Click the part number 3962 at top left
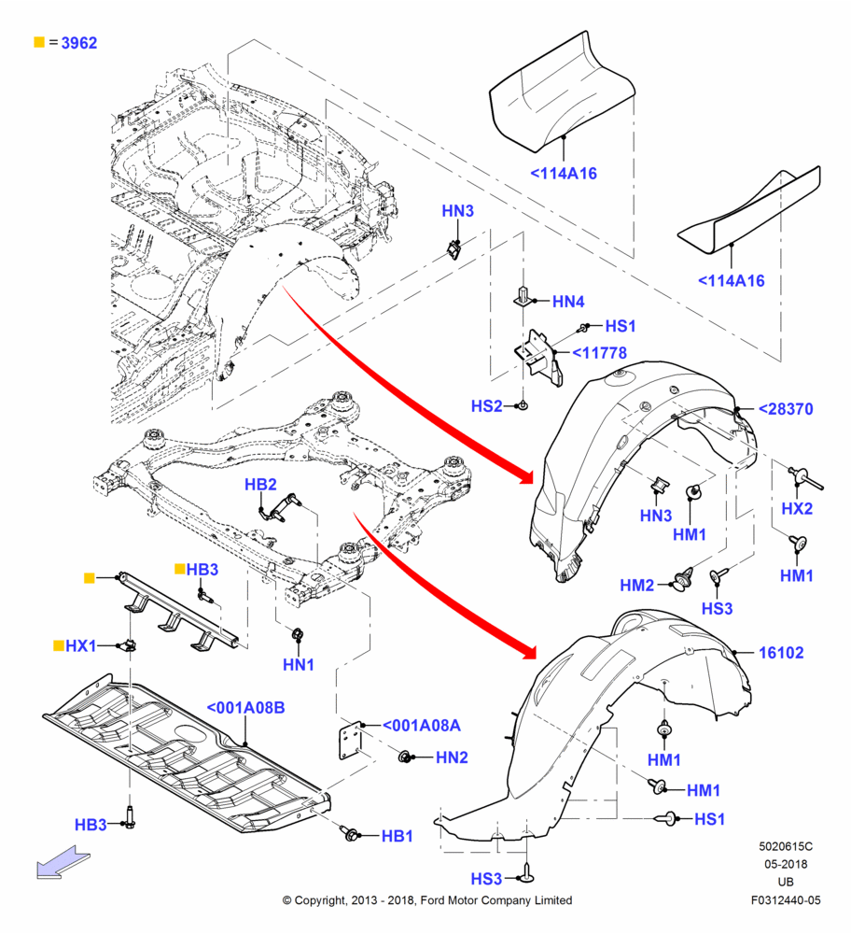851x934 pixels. pos(79,43)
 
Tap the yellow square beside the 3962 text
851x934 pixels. pos(39,42)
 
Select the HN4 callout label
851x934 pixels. pos(568,302)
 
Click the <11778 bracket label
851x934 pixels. pos(599,353)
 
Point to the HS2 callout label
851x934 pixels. pos(487,406)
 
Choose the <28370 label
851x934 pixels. pos(786,409)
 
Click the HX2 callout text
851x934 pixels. pos(797,509)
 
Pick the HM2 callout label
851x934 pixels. pos(636,586)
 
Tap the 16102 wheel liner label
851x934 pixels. pos(781,653)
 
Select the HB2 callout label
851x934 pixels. pos(260,484)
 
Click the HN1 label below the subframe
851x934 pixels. pos(299,665)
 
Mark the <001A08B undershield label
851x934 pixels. pos(245,708)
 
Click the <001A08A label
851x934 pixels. pos(422,726)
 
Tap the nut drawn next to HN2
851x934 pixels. pos(405,757)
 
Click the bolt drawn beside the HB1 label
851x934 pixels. pos(349,833)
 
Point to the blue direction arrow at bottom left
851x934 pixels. pos(63,862)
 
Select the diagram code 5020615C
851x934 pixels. pos(786,846)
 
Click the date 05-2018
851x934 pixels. pos(786,864)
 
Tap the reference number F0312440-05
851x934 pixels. pos(786,900)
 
